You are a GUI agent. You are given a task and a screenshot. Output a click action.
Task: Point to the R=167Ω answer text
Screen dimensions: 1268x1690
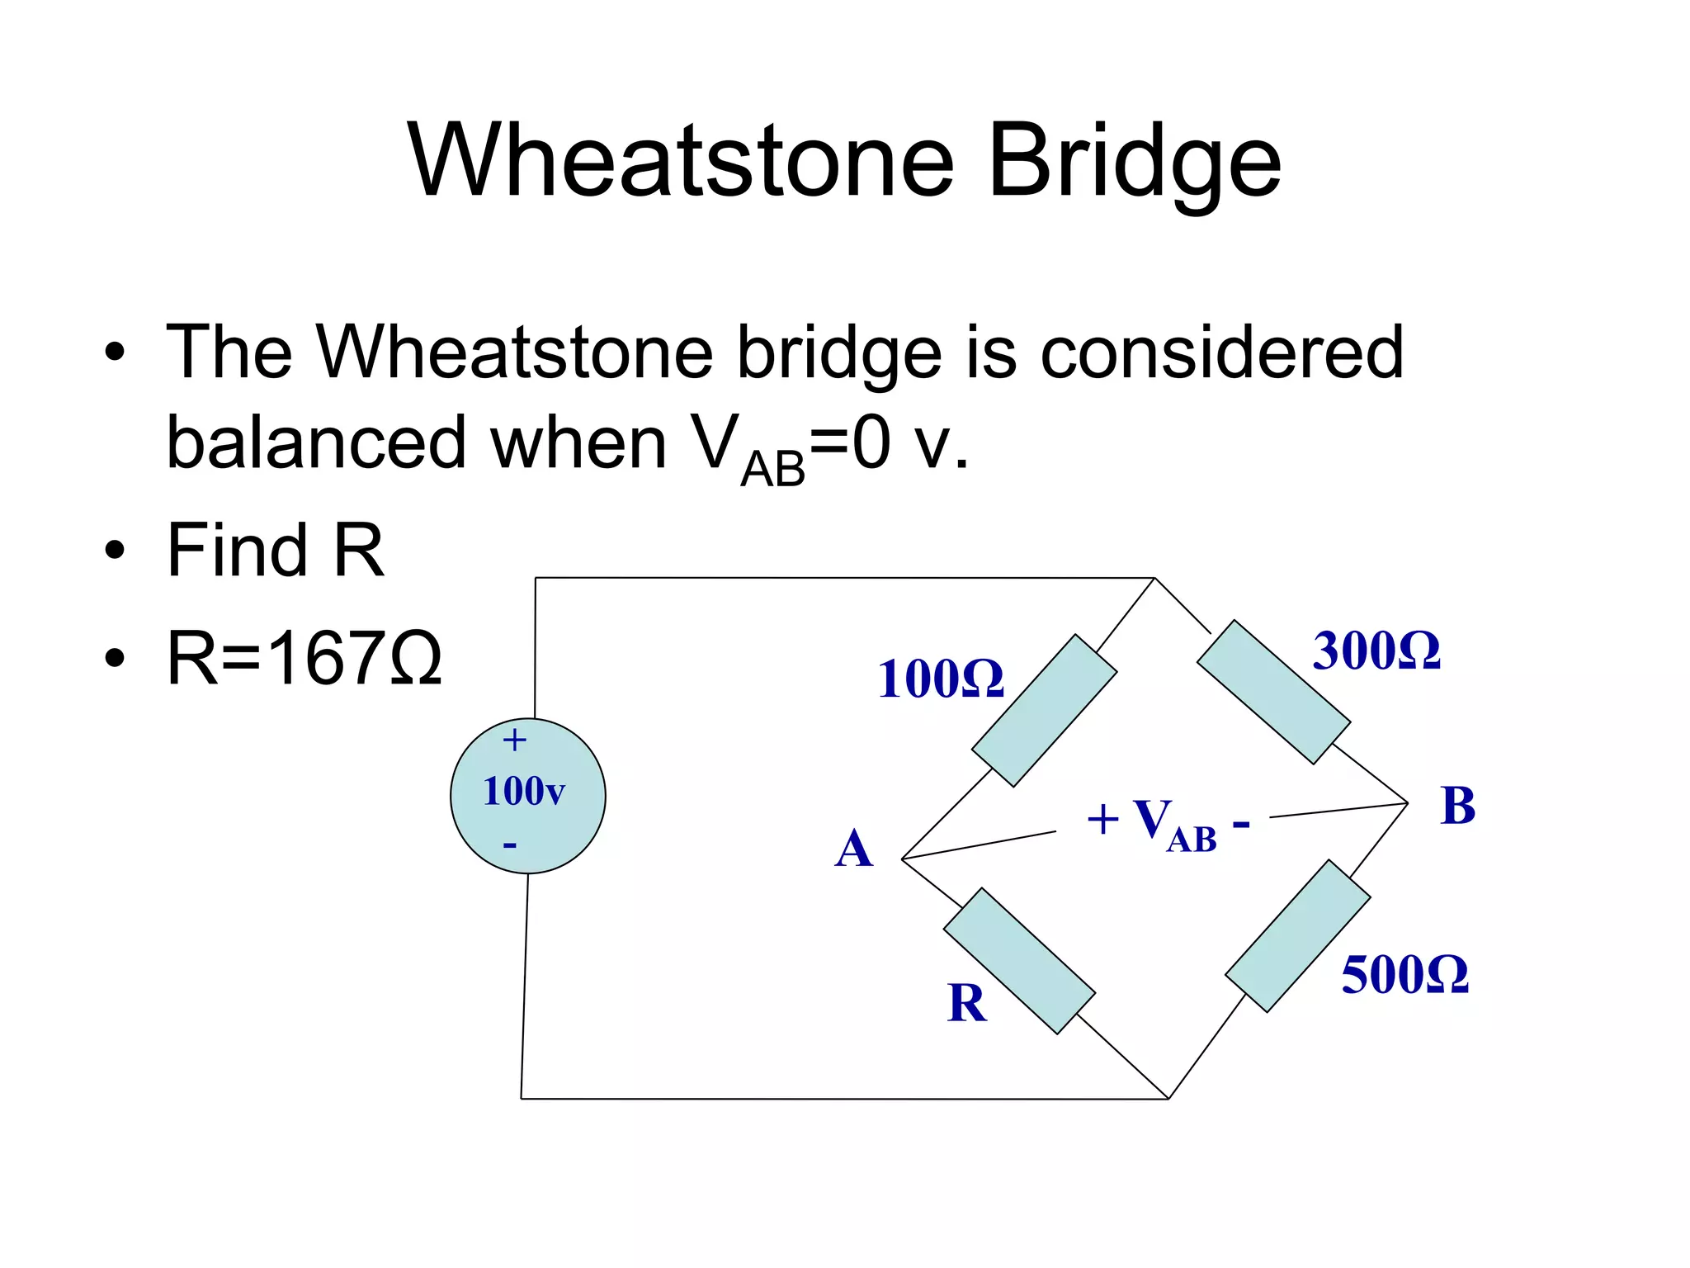(304, 659)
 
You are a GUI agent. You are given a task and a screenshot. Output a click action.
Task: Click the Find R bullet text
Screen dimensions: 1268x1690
(275, 551)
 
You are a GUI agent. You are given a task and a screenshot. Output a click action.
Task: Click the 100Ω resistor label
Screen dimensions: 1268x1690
(941, 679)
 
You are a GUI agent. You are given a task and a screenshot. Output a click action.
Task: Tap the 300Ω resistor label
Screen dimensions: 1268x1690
(1376, 651)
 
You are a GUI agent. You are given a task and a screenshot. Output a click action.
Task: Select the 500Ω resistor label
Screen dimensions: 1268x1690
(1404, 975)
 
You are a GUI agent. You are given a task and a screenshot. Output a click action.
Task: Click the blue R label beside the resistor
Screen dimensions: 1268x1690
(967, 1004)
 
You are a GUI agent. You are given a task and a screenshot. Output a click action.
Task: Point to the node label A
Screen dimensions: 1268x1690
(853, 849)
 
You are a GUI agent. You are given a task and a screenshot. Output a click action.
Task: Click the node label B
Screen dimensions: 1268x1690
(1457, 806)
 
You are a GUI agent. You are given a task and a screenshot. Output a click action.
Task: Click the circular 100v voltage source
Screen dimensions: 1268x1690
(528, 796)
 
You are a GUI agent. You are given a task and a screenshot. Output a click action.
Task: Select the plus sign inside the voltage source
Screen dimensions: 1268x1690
(514, 740)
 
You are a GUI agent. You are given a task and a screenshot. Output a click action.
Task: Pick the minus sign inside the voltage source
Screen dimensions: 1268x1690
(510, 845)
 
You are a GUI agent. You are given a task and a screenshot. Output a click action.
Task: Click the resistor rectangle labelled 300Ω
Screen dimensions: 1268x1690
(1273, 692)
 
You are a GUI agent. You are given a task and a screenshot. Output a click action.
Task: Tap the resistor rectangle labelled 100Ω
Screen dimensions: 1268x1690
(1044, 711)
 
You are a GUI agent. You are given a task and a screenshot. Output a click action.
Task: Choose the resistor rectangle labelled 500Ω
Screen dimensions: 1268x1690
(1297, 935)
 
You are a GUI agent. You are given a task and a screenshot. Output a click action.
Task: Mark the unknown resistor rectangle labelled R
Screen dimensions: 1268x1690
(1019, 961)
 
